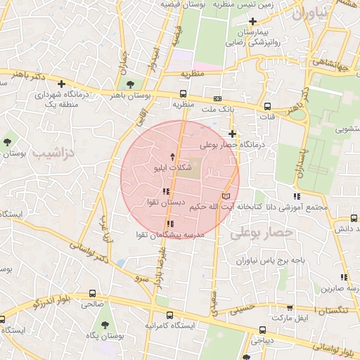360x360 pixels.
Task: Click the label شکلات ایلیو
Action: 173,169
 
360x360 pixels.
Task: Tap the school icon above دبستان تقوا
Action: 166,191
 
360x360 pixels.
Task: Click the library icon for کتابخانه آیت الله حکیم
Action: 226,195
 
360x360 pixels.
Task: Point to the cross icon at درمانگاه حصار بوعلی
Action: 233,134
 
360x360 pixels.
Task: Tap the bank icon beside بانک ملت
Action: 217,98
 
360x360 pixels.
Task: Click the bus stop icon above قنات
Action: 267,106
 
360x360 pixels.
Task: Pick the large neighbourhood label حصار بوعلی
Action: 260,231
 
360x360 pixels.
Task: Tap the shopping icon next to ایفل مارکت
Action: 290,307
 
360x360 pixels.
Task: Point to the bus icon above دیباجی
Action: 262,329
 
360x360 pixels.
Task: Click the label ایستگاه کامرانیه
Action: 168,326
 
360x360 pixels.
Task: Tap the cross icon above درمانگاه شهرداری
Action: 62,84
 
